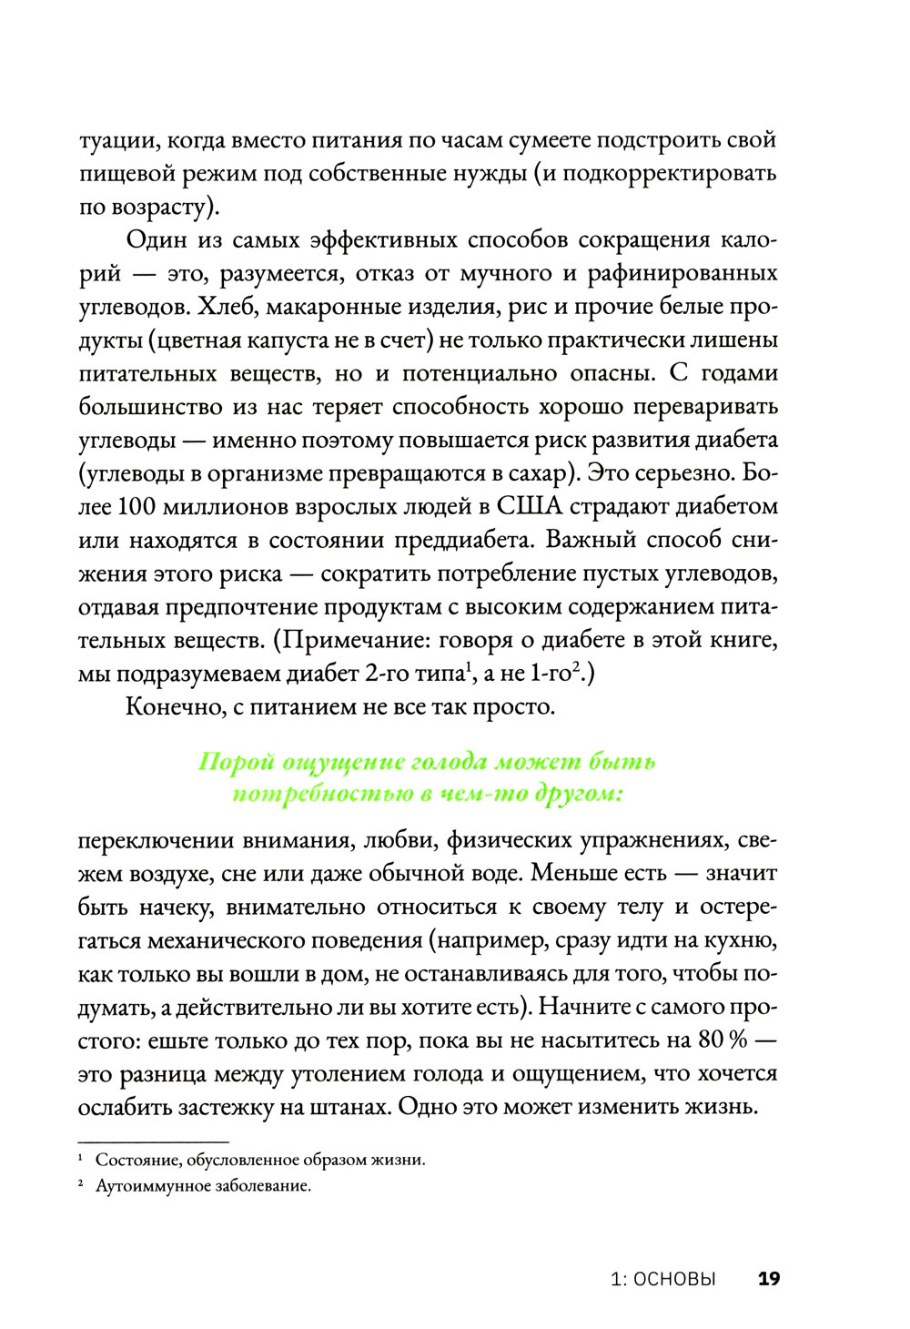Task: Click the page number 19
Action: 769,1278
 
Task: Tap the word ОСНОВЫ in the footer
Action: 674,1278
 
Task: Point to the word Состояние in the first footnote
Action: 134,1161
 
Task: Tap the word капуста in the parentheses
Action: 288,340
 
